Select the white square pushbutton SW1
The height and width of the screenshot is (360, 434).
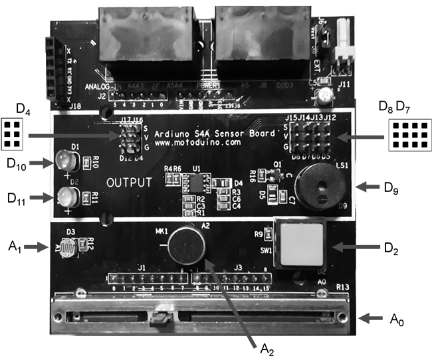[x=296, y=243]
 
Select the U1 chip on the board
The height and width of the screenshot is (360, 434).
[x=195, y=181]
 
